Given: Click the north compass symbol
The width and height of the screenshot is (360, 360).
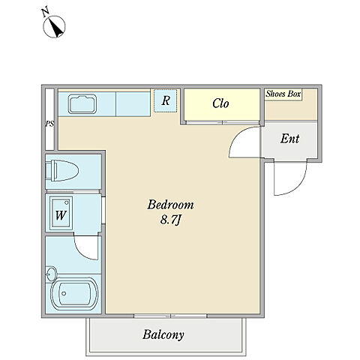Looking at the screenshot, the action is pos(54,26).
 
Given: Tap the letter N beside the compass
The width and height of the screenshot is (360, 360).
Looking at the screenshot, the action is pos(45,13).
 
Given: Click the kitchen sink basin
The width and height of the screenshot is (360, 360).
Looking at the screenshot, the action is pos(82,104).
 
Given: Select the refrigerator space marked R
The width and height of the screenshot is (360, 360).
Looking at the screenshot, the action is pos(166,100).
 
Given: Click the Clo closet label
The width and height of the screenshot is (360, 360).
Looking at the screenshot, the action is pos(220,103).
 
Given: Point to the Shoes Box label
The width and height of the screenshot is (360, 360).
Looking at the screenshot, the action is pos(283,94).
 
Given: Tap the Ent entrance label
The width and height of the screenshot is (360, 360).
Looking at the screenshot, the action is pos(289,139).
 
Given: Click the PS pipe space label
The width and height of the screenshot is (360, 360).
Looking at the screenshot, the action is pos(49,124).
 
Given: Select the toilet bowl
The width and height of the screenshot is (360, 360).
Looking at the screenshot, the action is pos(62,171).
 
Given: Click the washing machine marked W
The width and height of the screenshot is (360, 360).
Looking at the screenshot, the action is pos(61,213).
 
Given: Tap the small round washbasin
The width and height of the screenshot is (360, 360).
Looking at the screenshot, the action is pos(52,274).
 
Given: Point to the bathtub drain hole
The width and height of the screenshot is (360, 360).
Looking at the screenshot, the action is pos(64,293).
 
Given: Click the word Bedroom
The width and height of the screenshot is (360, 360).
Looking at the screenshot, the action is pos(170,205).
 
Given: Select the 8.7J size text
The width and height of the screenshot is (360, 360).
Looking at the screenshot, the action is pos(170,220).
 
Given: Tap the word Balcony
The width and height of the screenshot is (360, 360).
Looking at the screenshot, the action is pos(163,334).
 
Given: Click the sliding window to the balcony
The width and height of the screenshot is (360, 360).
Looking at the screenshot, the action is pos(170,316).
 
